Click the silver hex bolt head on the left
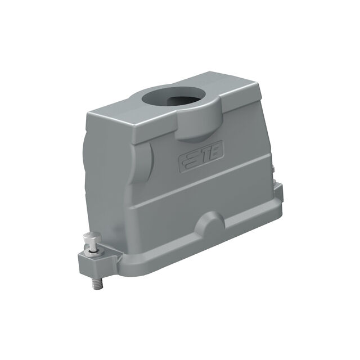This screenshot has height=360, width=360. [x=92, y=238]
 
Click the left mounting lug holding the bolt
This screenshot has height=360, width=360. [x=99, y=262]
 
